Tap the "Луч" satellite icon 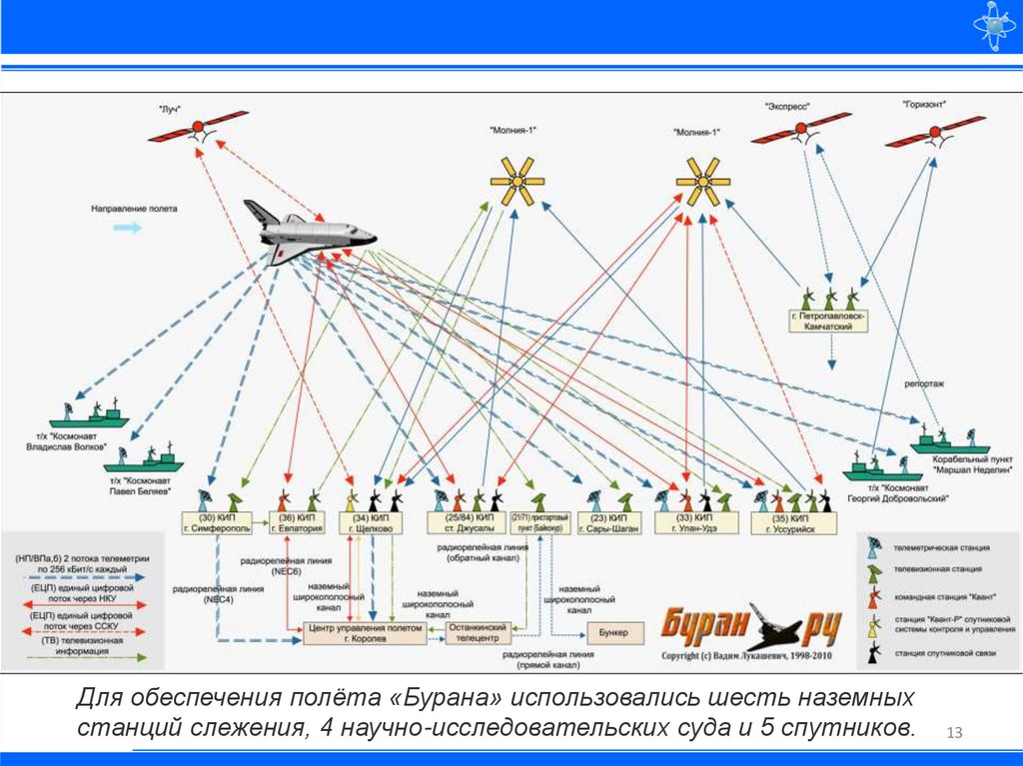coord(198,128)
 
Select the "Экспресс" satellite coord(800,130)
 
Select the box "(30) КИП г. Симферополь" coord(213,523)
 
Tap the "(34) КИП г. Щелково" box coord(371,523)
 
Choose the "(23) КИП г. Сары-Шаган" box coord(609,523)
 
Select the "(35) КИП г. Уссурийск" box coord(792,523)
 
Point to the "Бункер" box coord(608,633)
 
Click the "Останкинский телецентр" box coord(484,632)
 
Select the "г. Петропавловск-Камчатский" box coord(828,320)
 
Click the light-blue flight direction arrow coord(127,228)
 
